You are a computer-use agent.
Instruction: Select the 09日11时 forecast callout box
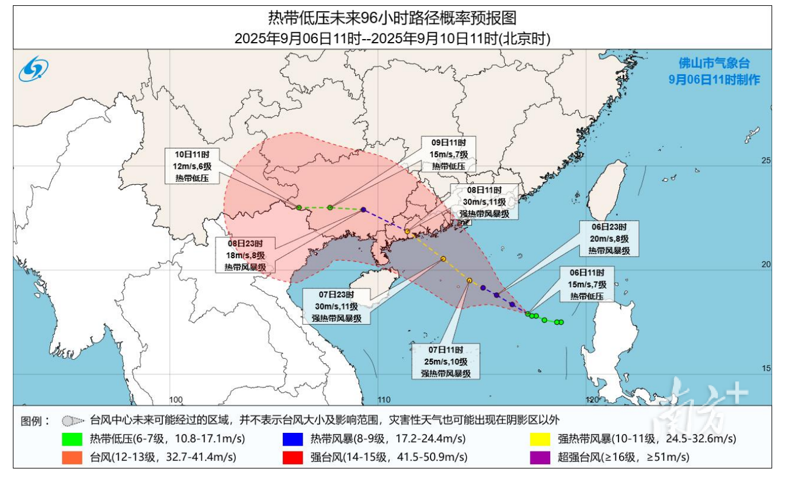(x=449, y=154)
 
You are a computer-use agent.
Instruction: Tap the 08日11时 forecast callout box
(x=484, y=202)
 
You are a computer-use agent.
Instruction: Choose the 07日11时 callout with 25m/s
(x=445, y=362)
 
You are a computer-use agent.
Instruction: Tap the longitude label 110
(x=383, y=400)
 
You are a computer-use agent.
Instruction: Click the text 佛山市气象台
(x=714, y=64)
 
